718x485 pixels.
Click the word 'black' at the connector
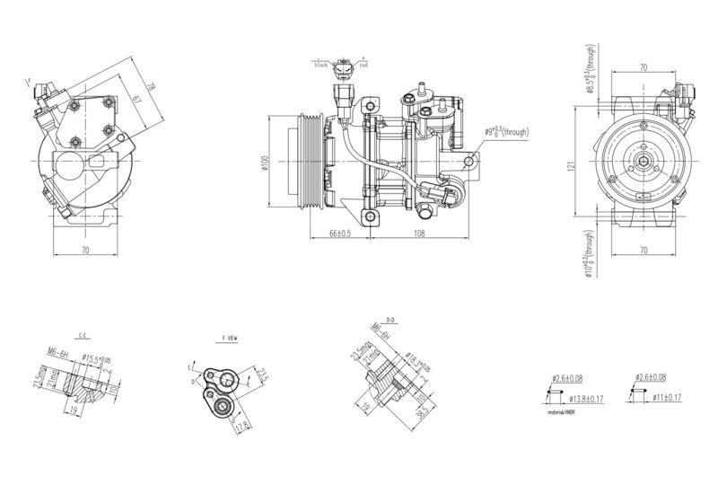click(x=320, y=66)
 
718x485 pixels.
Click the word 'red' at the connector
click(x=363, y=66)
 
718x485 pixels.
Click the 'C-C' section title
click(x=82, y=334)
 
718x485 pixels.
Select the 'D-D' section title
click(x=390, y=319)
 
